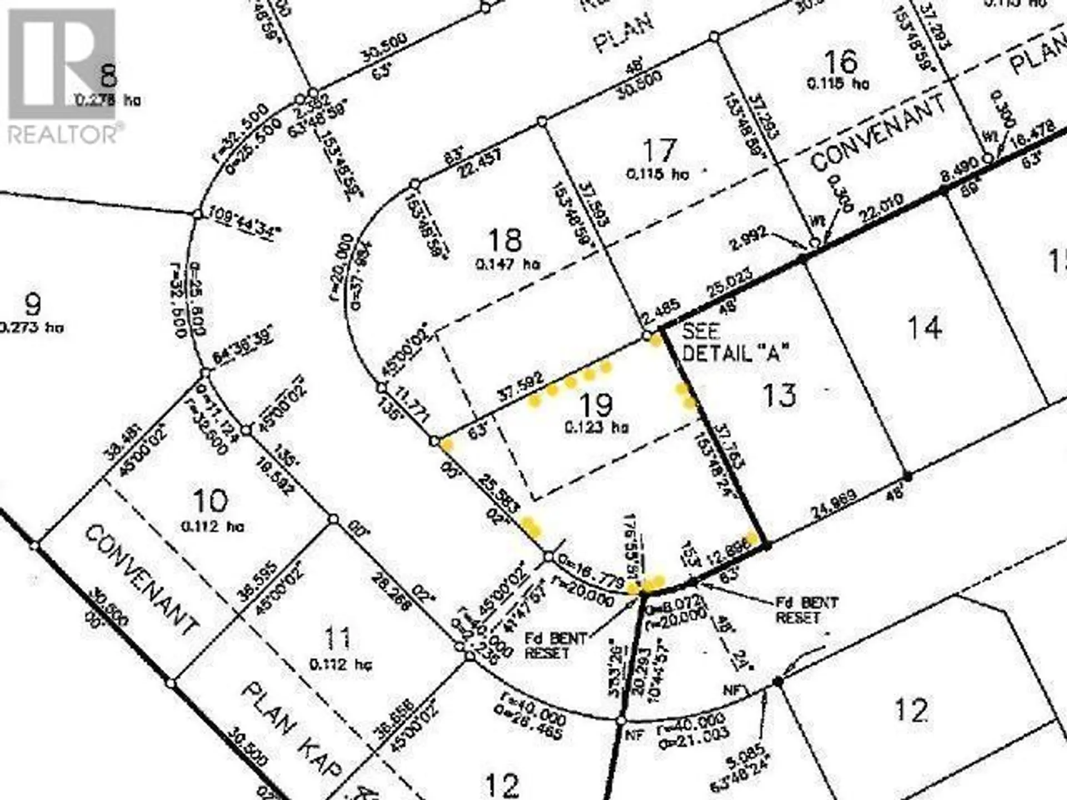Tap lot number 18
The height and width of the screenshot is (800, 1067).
pos(505,241)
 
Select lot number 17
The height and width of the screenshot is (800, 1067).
pos(660,150)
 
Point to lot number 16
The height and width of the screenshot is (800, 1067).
pos(840,62)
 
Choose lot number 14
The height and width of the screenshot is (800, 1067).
pos(924,328)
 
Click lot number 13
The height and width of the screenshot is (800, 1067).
pos(779,396)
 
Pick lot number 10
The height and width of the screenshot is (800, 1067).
pos(211,501)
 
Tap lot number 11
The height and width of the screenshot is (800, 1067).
pos(337,638)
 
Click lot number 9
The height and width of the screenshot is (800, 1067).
pos(33,304)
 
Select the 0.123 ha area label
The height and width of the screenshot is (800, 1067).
pos(596,428)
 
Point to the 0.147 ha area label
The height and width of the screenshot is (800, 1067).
pos(508,264)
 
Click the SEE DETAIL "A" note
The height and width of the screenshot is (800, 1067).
pos(735,342)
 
